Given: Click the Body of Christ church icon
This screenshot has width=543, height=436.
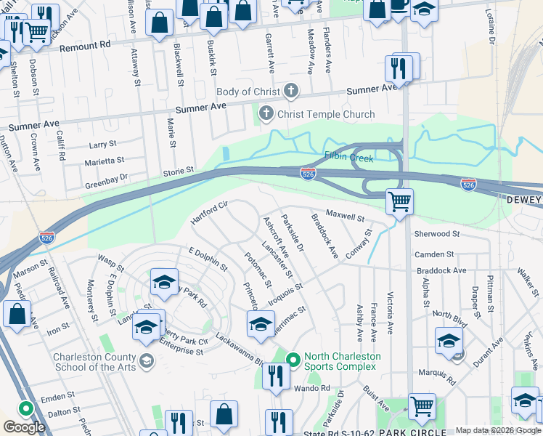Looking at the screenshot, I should (x=291, y=92).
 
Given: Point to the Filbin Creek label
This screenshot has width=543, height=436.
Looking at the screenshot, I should (x=348, y=156).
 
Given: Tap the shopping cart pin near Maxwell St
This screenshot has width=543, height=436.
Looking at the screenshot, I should (x=399, y=201).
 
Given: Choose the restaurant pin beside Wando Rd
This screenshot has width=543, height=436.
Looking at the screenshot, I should (x=276, y=375).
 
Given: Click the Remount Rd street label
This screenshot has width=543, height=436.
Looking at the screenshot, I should (x=86, y=46).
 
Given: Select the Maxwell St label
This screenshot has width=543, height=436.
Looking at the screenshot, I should (x=345, y=216).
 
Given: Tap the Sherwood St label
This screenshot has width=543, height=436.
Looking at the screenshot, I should (x=437, y=234).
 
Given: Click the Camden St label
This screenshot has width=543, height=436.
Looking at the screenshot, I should (x=434, y=255).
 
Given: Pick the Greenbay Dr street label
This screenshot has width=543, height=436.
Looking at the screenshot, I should (x=106, y=177).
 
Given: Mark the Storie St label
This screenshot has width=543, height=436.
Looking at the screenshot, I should (x=178, y=171).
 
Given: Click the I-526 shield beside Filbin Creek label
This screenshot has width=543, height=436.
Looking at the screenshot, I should (x=307, y=173).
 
